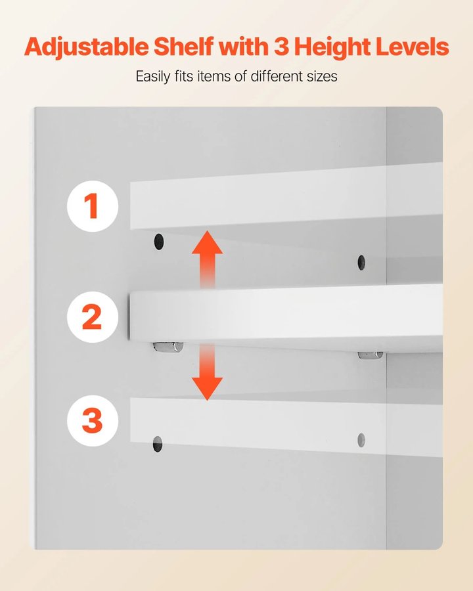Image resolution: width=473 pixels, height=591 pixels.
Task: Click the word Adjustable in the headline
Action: click(x=86, y=47)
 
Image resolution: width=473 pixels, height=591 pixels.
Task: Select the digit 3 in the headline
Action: click(x=281, y=47)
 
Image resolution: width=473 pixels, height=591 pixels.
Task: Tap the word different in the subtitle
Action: click(x=277, y=76)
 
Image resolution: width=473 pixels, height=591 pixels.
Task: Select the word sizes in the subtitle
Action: click(x=322, y=77)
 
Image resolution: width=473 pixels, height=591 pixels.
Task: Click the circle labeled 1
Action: click(x=93, y=206)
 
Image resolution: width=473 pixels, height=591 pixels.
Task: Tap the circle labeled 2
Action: click(x=93, y=317)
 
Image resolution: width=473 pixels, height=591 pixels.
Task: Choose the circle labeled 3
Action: click(x=93, y=421)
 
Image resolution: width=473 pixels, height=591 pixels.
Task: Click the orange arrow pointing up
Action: click(x=207, y=259)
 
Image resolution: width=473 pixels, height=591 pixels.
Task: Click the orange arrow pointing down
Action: click(x=207, y=371)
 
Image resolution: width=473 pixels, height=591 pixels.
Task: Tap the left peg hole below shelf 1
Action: click(x=159, y=242)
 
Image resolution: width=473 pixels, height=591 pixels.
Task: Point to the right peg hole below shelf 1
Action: click(x=361, y=262)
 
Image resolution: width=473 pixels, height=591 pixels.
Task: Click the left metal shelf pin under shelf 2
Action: click(x=168, y=347)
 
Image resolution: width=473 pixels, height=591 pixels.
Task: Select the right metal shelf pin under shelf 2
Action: click(x=371, y=355)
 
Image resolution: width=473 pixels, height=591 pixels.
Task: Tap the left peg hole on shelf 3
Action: click(x=158, y=444)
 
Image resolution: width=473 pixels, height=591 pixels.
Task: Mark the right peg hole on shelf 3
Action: click(x=361, y=440)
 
